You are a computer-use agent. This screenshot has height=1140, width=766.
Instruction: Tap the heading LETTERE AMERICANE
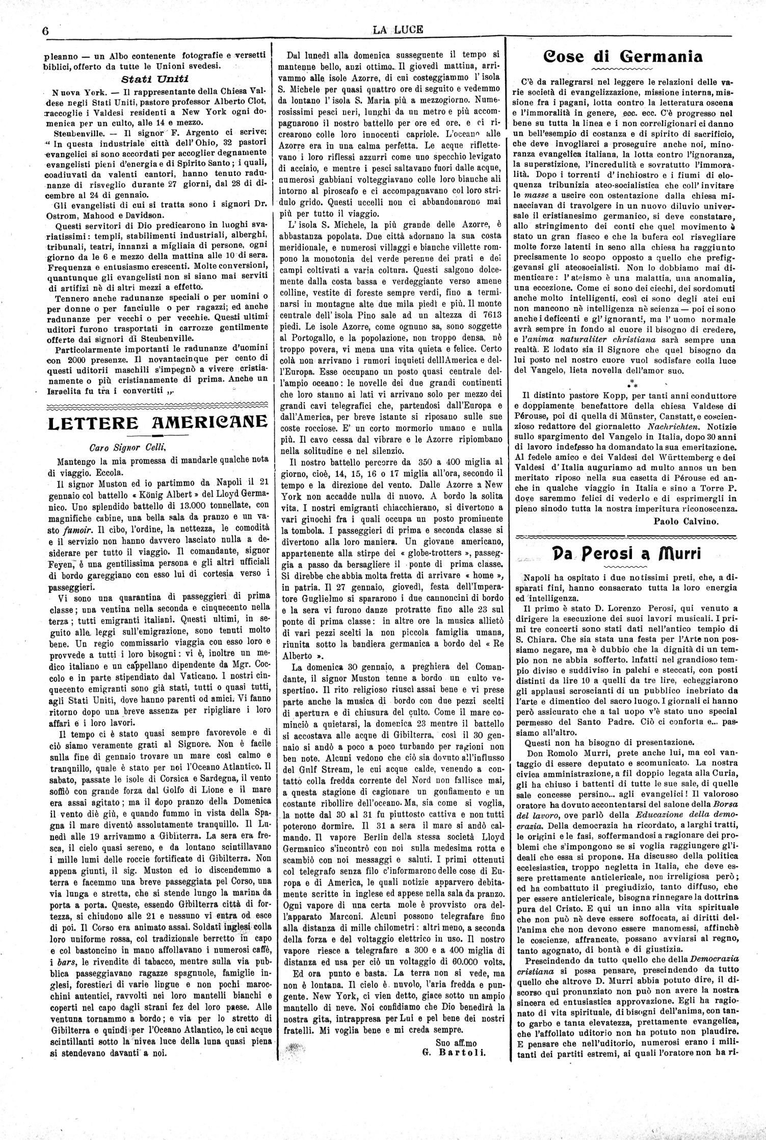pyautogui.click(x=157, y=421)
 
